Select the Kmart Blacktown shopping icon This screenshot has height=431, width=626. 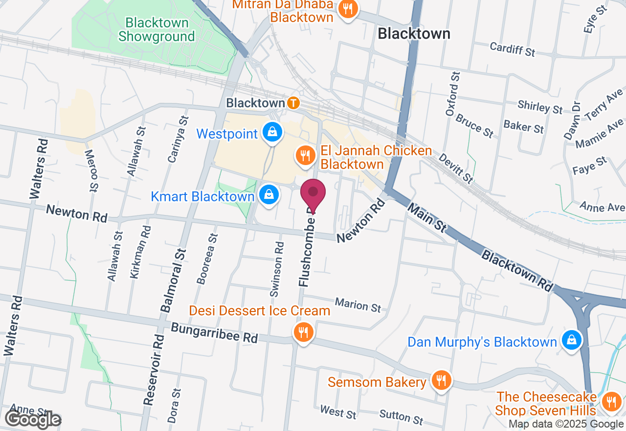pos(269,195)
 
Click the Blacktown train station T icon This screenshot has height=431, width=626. pos(293,103)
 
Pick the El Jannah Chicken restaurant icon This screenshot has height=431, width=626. pos(305,156)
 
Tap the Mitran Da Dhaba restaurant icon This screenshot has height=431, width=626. pos(348,9)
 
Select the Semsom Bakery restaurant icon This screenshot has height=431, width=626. pos(441,381)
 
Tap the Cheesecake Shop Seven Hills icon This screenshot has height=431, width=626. pos(610,402)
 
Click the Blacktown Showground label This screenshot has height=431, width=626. pos(156,29)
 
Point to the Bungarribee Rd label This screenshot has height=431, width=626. pos(214,333)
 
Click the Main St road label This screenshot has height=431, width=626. pos(426,218)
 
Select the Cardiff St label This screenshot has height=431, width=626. pos(513,49)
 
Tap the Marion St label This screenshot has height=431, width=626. pos(358,305)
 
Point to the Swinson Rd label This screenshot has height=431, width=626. pos(277,269)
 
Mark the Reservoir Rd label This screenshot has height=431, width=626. pos(154,369)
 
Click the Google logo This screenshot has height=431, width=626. pos(33,419)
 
